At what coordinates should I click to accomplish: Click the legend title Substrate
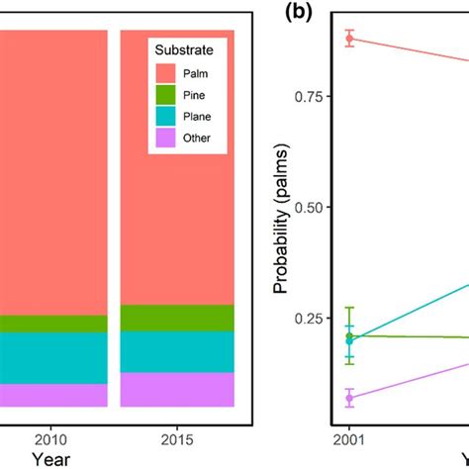[187, 49]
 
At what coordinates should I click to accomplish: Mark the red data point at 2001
[349, 39]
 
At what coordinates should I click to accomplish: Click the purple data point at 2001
[349, 398]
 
